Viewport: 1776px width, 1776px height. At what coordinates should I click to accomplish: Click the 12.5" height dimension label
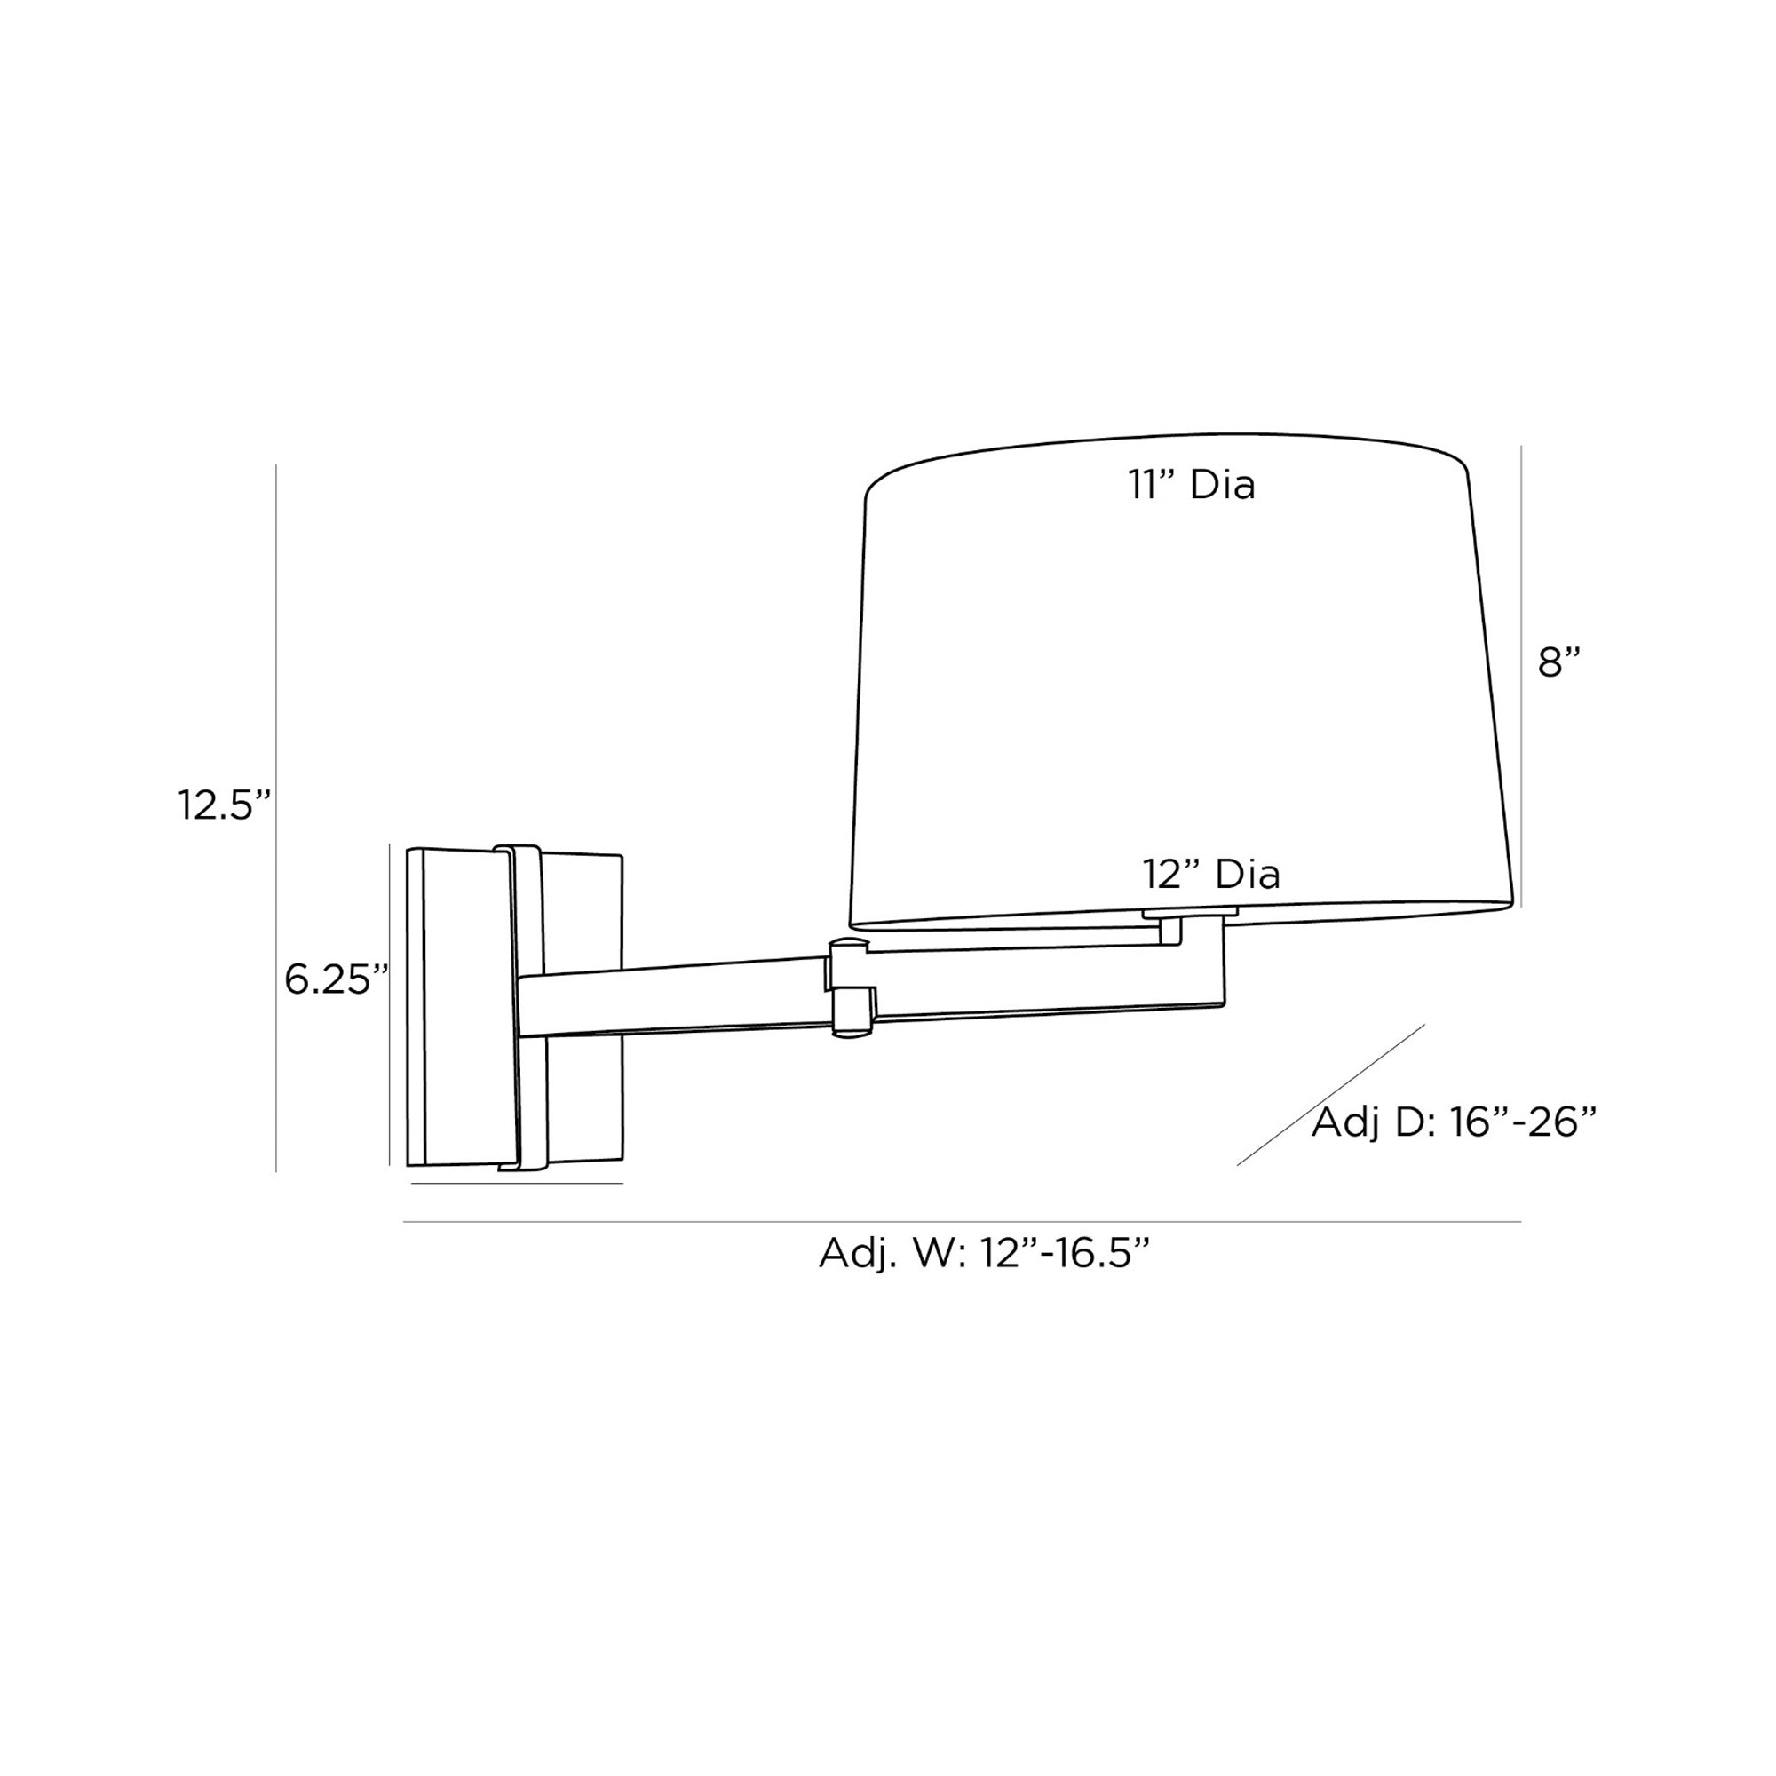(x=225, y=805)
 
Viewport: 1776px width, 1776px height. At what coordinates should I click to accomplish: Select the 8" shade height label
(x=1559, y=662)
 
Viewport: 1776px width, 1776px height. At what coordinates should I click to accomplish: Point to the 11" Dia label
(x=1192, y=485)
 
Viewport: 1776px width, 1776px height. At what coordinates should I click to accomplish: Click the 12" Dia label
(x=1210, y=874)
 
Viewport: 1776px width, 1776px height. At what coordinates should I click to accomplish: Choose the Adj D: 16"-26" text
(x=1454, y=1122)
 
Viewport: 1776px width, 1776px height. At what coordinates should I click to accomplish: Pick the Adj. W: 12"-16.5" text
(x=985, y=1253)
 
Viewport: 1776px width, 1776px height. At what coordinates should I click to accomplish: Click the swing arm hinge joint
(x=852, y=987)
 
